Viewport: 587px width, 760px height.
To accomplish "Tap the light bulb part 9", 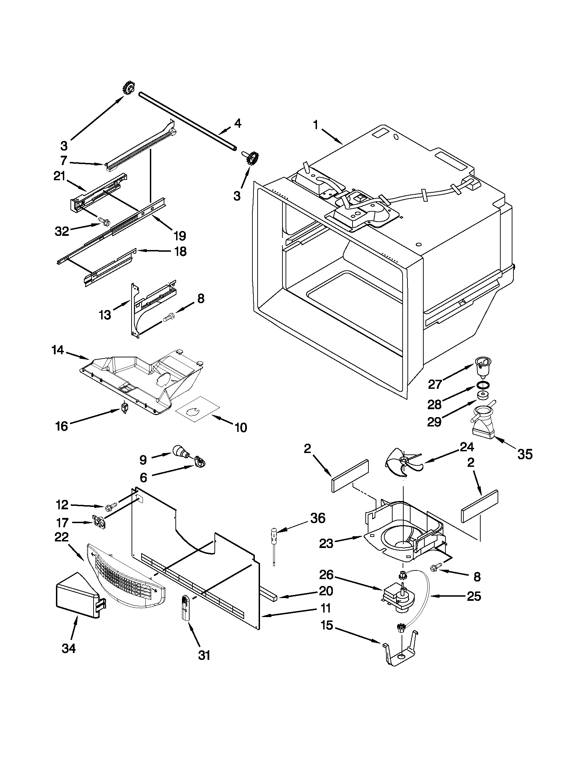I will pyautogui.click(x=180, y=452).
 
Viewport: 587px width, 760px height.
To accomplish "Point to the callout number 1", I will pyautogui.click(x=316, y=125).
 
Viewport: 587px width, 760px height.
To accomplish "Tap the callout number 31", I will pyautogui.click(x=204, y=655).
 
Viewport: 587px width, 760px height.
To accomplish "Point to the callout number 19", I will pyautogui.click(x=180, y=235).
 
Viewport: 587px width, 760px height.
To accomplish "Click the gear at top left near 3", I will pyautogui.click(x=129, y=89).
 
